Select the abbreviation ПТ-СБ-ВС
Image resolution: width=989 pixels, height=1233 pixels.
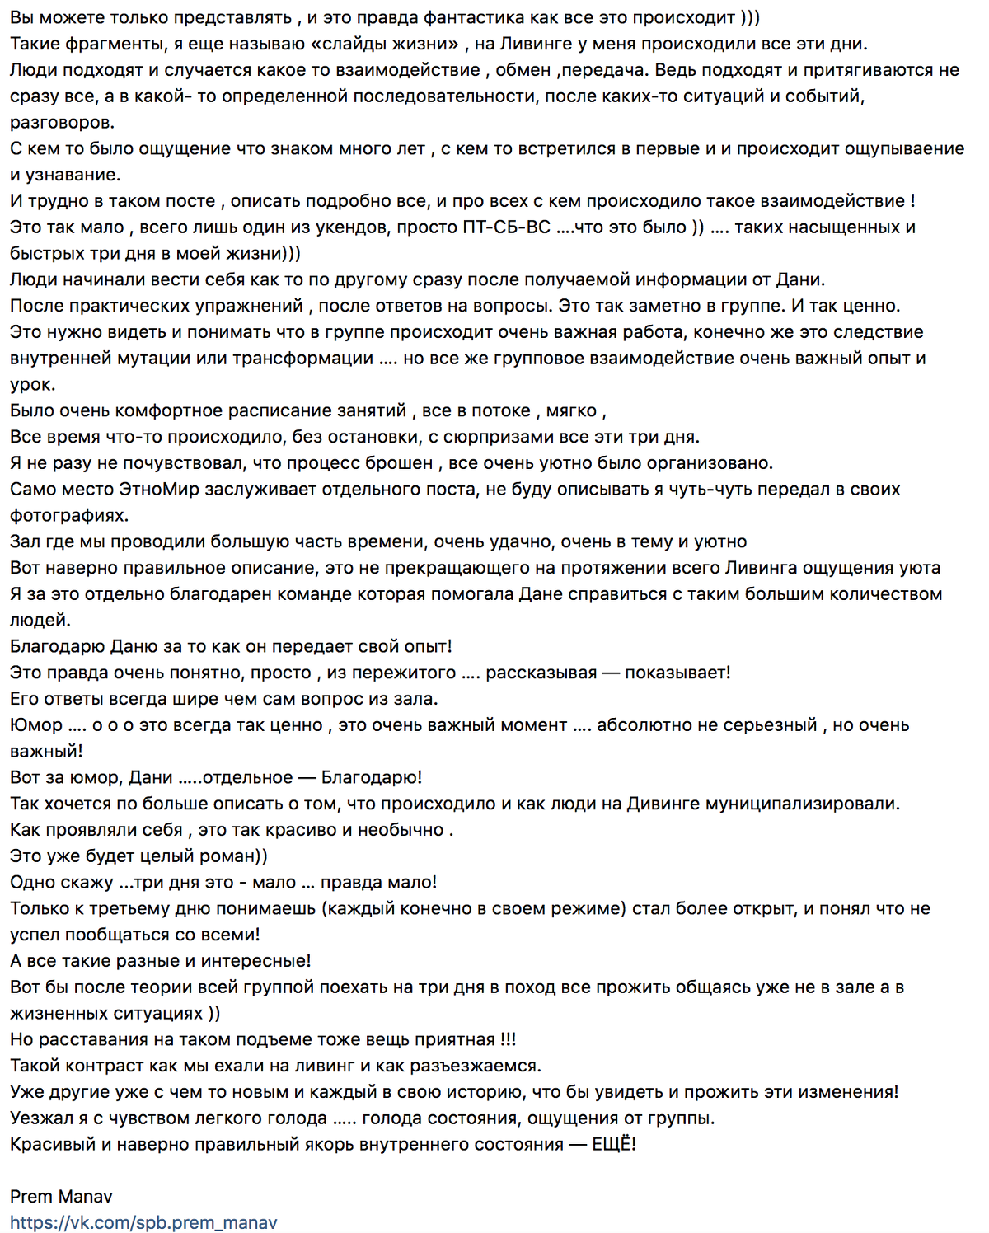[506, 227]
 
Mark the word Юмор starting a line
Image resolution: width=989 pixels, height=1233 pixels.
[36, 725]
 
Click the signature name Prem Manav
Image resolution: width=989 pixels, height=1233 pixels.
[61, 1197]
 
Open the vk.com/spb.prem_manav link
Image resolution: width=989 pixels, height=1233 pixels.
[143, 1223]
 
